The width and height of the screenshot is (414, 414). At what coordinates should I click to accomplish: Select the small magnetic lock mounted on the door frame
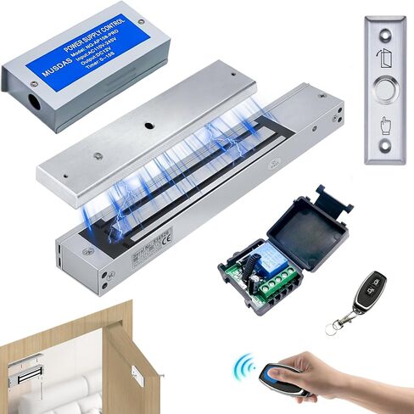tap(29, 372)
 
